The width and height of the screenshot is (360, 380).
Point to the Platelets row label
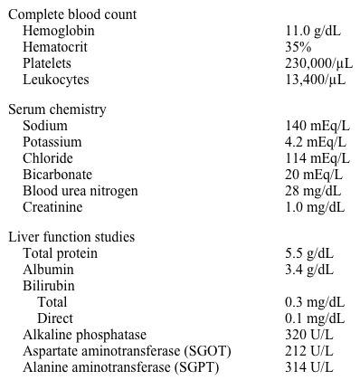47,63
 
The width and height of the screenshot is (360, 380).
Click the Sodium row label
45,126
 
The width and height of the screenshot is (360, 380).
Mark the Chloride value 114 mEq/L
317,158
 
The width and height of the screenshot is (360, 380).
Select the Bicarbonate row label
58,175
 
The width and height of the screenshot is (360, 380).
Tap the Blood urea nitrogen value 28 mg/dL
313,191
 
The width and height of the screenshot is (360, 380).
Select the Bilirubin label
49,286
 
